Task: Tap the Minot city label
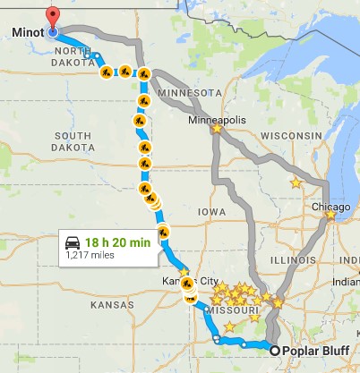coord(29,33)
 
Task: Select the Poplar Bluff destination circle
coord(274,351)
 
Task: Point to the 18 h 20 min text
coord(118,241)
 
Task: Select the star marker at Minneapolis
coord(217,129)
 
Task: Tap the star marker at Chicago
coord(330,214)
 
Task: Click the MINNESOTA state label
coord(189,92)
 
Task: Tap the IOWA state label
coord(212,212)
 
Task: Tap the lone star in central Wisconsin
coord(296,182)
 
